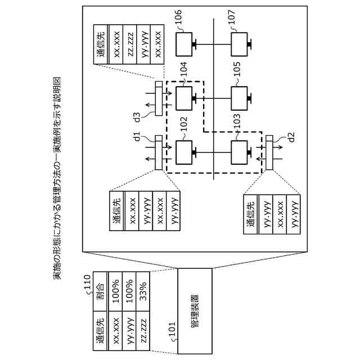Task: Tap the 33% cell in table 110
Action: click(143, 291)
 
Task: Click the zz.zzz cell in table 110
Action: click(143, 331)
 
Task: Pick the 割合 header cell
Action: click(100, 291)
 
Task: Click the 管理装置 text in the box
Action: click(195, 311)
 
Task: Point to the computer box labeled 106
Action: click(184, 44)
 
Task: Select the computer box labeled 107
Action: click(239, 44)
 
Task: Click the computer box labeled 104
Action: click(184, 98)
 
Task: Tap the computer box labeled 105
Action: click(239, 98)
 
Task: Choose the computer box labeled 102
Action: click(184, 152)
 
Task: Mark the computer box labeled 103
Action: click(239, 152)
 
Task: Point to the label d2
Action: click(291, 137)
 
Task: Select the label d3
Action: click(137, 117)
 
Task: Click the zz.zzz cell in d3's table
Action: click(130, 44)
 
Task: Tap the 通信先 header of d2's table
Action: click(251, 214)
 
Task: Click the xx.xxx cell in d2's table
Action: click(280, 214)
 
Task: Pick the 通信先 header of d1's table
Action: click(117, 211)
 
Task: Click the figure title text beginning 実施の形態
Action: click(57, 178)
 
